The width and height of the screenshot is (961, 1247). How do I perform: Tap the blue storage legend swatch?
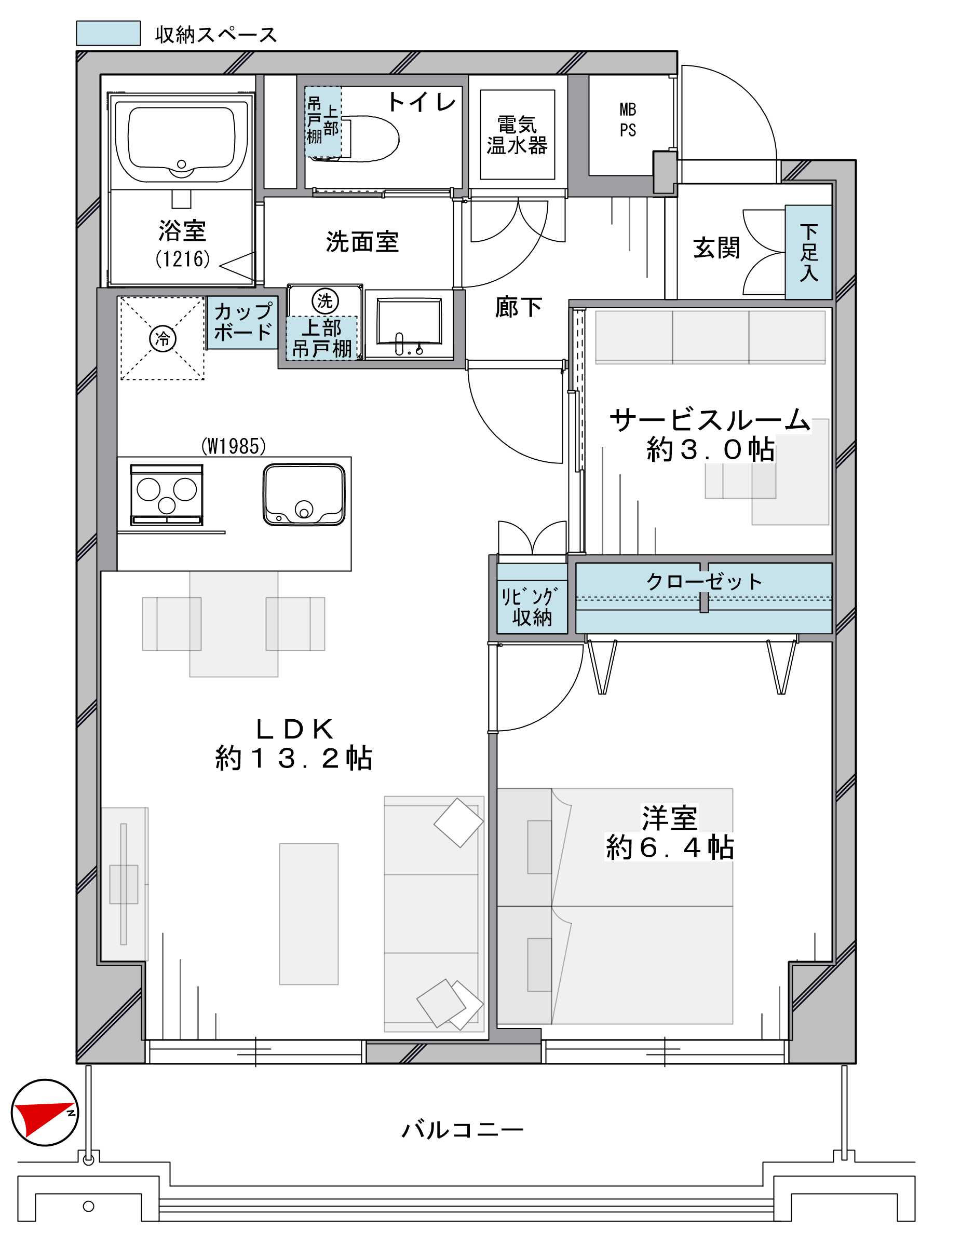[109, 33]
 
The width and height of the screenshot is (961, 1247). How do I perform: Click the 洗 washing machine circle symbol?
[325, 302]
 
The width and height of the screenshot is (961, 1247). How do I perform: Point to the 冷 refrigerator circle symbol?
[163, 338]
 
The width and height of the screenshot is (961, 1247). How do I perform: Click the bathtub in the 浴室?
[182, 141]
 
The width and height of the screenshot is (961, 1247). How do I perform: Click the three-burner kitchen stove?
[166, 495]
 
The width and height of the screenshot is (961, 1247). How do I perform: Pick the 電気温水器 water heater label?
[517, 135]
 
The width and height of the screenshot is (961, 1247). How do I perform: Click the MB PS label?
[628, 120]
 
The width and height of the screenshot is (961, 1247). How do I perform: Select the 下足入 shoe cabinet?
[808, 252]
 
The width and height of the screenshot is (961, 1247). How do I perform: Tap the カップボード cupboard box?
[242, 322]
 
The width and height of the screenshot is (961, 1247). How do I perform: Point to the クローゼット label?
[704, 582]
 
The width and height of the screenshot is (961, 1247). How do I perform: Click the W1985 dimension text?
[233, 446]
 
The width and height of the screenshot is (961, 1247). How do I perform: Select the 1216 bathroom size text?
[183, 259]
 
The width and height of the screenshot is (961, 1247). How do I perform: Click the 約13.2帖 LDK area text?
[294, 759]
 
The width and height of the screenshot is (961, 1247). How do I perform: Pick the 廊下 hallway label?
[518, 308]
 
